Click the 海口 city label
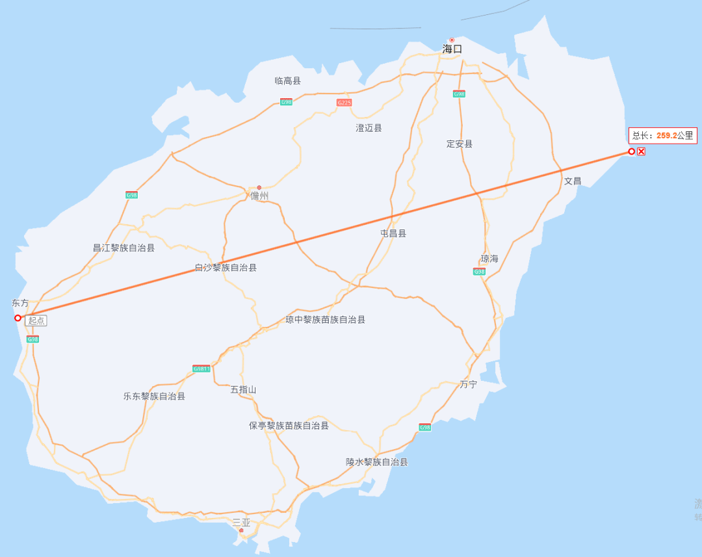[452, 49]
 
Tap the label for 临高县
[287, 81]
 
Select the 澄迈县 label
[369, 128]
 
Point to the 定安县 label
[460, 144]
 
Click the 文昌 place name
[572, 181]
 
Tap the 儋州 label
[259, 196]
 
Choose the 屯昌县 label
[393, 233]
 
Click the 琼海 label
[489, 259]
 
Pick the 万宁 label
[468, 384]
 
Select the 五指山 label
[243, 390]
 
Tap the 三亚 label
[241, 523]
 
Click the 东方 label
[20, 303]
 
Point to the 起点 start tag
[36, 320]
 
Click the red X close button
[641, 151]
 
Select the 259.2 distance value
[666, 135]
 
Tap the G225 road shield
[344, 103]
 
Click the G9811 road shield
[201, 369]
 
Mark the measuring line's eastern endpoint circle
[631, 151]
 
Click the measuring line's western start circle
[18, 318]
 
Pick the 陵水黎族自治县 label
[376, 462]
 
